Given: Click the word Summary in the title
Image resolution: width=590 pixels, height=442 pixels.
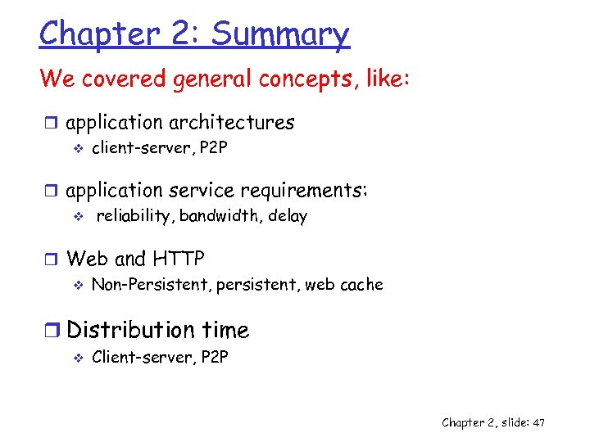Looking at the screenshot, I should [280, 34].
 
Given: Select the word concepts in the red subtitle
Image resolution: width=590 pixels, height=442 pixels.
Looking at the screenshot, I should [293, 79].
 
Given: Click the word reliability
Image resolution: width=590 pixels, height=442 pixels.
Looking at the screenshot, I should [134, 216].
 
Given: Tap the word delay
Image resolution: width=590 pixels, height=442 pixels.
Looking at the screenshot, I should [287, 216].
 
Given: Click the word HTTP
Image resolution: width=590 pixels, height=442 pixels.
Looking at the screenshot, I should [178, 259].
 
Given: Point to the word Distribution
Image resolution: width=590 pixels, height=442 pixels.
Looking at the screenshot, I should [131, 330].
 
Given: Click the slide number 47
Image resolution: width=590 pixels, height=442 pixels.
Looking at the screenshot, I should [538, 422].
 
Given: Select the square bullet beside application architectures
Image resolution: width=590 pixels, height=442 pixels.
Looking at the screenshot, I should [52, 124].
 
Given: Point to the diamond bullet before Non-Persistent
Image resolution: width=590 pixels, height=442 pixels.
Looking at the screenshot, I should [79, 286].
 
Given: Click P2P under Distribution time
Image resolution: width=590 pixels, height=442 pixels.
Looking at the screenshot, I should [215, 357].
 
